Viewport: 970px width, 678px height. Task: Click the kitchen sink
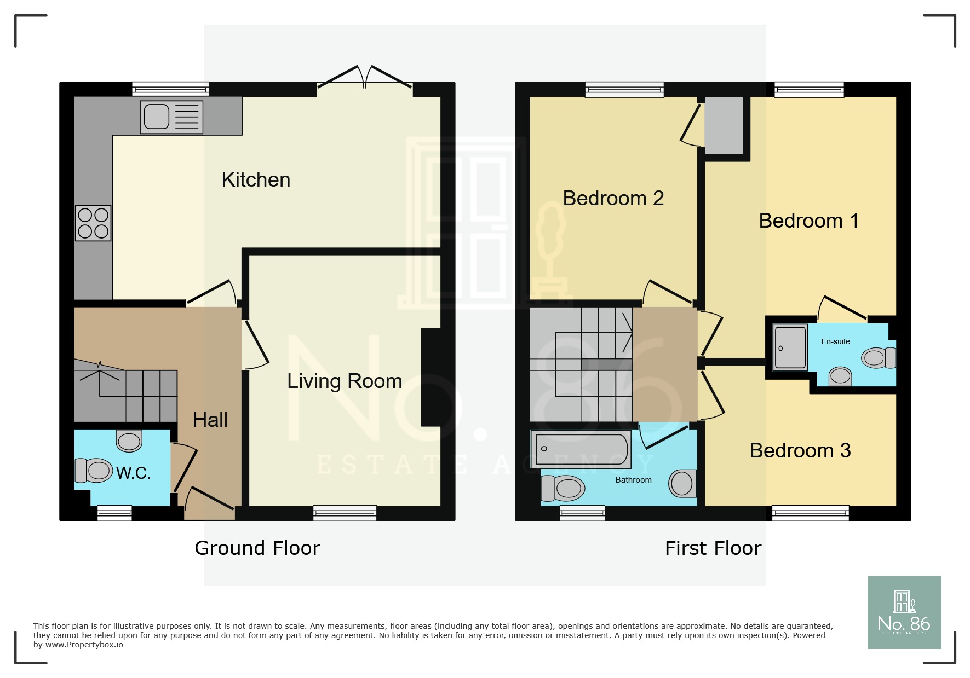[171, 117]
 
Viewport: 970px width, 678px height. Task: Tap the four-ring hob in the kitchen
[93, 223]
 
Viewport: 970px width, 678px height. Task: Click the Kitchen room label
[256, 180]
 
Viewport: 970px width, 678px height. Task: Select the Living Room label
[345, 381]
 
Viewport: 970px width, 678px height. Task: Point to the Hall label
[210, 420]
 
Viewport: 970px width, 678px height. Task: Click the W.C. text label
[133, 473]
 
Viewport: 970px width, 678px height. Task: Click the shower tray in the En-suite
[790, 347]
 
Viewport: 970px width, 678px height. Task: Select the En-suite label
[835, 341]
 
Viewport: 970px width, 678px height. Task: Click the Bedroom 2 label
[613, 198]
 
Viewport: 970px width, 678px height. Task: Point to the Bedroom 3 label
[800, 450]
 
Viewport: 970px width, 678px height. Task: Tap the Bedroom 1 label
[808, 221]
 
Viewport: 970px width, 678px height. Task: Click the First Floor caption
[713, 548]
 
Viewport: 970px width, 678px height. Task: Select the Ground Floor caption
[257, 548]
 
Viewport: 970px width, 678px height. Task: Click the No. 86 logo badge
[904, 612]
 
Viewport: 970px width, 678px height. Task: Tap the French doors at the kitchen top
[365, 79]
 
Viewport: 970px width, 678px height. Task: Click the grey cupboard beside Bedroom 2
[723, 125]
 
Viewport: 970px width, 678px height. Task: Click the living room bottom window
[345, 513]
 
